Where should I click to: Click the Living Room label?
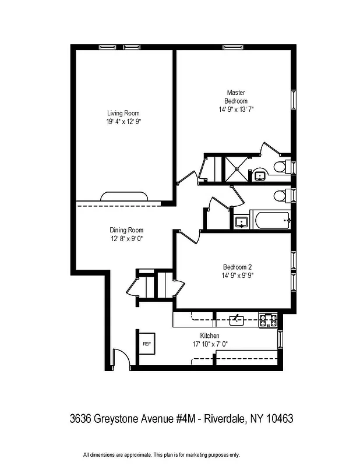[123, 113]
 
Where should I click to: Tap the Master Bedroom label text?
[236, 97]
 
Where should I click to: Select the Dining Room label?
[126, 230]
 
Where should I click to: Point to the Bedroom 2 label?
[236, 267]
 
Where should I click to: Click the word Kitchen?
[210, 336]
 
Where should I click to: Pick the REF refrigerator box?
[146, 344]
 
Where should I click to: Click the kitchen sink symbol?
[236, 319]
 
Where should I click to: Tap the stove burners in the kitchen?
[268, 319]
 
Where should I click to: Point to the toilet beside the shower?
[280, 168]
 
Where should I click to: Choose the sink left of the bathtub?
[241, 221]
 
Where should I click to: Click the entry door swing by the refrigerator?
[120, 359]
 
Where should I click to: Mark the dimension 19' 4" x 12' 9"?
[124, 122]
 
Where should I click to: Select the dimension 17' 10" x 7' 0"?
[210, 344]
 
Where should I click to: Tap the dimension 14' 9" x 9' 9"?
[237, 276]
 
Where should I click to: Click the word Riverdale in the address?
[225, 418]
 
